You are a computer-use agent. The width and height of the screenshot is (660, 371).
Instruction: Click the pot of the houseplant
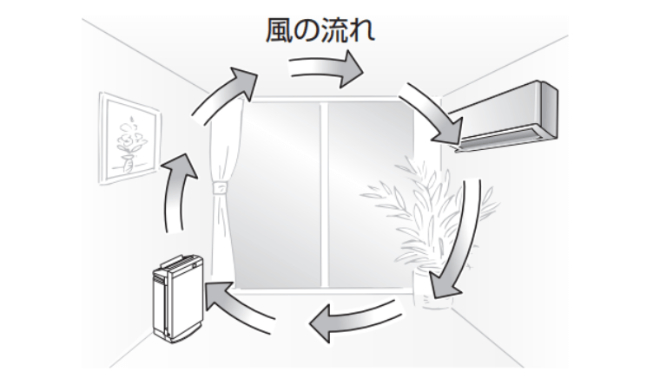tap(428, 287)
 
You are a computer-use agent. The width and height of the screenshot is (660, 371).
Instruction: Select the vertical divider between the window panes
tap(322, 195)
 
